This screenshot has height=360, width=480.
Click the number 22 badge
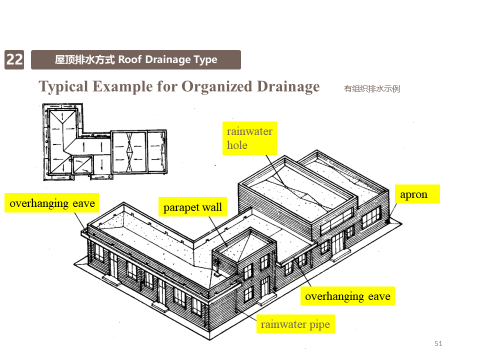[x=14, y=60]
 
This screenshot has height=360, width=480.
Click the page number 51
[x=438, y=343]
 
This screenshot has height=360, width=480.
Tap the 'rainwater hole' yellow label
[x=249, y=138]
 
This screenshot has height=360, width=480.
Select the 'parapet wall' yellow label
[x=192, y=207]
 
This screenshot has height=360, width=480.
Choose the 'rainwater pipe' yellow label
[x=295, y=324]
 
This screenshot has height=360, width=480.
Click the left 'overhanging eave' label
[x=52, y=203]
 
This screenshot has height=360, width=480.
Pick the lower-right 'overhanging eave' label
[x=347, y=296]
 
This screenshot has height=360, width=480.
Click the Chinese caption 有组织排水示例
[x=371, y=89]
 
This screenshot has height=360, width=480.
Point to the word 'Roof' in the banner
[x=130, y=60]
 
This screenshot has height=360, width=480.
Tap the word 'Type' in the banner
[x=205, y=60]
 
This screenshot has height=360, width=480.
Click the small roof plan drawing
[x=104, y=142]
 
